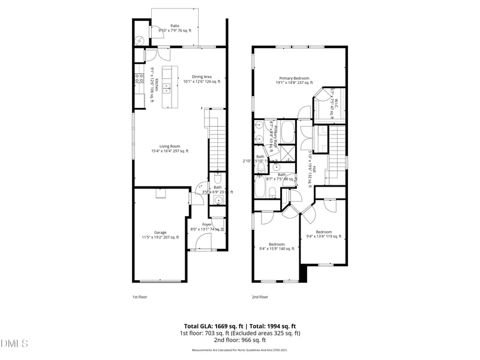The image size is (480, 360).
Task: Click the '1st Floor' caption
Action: pos(139,296)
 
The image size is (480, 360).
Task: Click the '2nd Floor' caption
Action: pos(260,296)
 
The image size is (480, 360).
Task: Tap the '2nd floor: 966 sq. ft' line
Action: pos(240,340)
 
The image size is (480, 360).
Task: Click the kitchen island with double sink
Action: pos(167,87)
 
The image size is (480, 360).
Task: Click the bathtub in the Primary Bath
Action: pos(287,130)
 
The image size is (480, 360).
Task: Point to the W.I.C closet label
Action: pos(335,105)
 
